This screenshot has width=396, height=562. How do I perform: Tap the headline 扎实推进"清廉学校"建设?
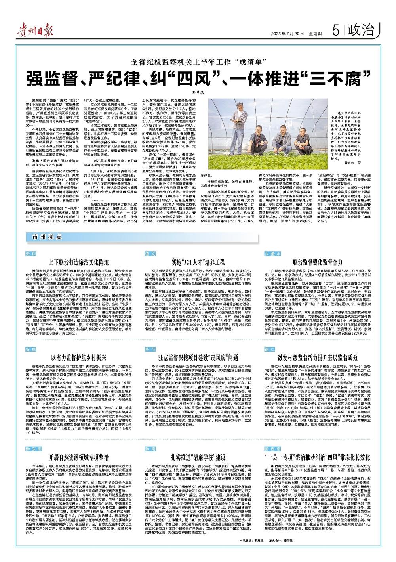(198, 447)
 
